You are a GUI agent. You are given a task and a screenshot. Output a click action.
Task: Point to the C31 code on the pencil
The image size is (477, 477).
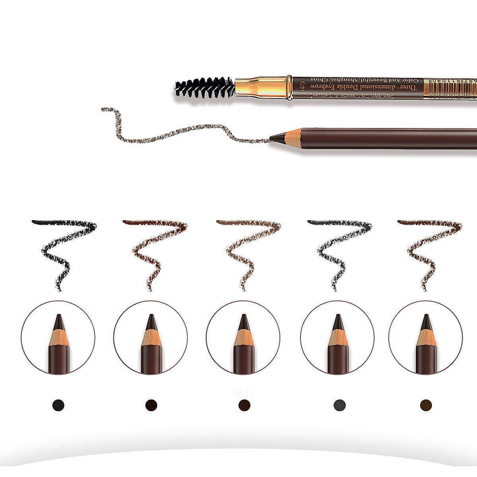302,86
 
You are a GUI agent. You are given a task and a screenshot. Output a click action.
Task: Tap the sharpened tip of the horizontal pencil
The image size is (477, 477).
274,138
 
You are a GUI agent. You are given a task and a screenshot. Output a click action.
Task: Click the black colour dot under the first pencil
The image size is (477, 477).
58,405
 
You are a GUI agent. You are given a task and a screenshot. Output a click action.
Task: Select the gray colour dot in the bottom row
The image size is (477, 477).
340,405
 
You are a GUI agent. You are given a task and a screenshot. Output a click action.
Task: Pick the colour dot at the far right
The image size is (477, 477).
426,405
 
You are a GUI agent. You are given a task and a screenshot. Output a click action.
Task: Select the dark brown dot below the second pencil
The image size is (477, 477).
151,405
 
